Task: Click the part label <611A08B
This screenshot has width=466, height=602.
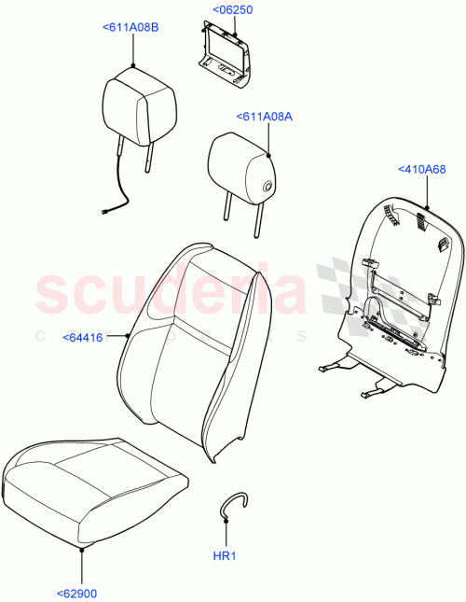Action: pyautogui.click(x=130, y=28)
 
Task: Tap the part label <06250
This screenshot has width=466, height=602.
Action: pyautogui.click(x=232, y=10)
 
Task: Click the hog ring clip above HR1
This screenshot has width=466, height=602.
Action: pyautogui.click(x=234, y=505)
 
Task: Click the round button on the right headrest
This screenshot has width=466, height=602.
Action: pyautogui.click(x=267, y=187)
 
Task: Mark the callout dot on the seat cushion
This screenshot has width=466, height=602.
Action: pyautogui.click(x=82, y=551)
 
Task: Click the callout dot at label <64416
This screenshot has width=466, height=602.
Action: pyautogui.click(x=127, y=334)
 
